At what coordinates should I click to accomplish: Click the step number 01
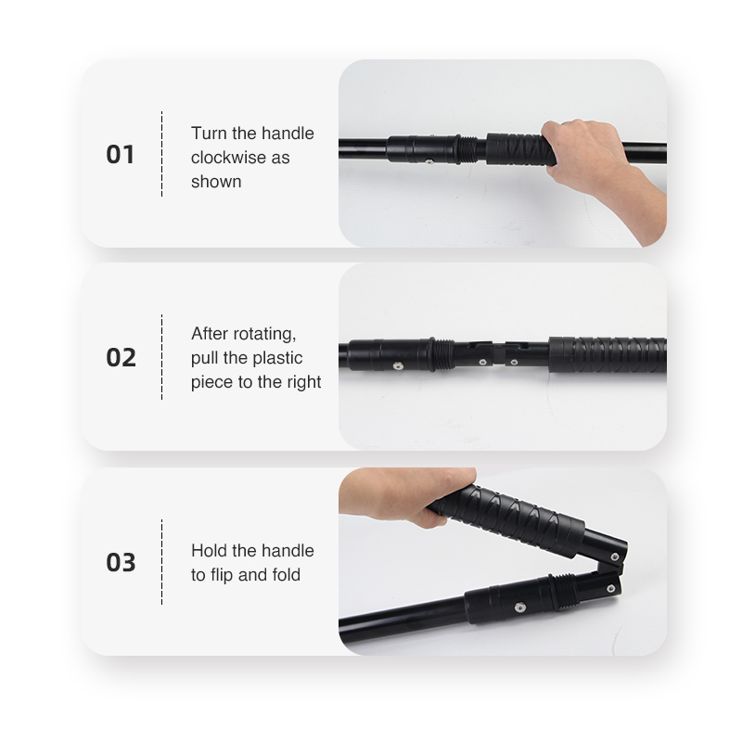click(x=121, y=154)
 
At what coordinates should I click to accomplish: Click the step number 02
click(x=121, y=357)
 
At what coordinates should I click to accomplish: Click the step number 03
click(x=121, y=562)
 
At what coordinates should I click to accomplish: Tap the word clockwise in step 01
click(x=228, y=158)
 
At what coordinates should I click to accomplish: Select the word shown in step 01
click(x=216, y=182)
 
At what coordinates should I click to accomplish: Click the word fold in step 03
click(x=286, y=575)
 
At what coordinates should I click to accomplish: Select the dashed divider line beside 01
click(x=161, y=154)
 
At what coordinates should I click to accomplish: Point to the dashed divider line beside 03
click(x=161, y=562)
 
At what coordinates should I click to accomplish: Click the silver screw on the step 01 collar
click(x=429, y=161)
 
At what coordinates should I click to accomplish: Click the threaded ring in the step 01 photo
click(x=467, y=149)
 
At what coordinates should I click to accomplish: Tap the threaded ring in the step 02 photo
click(x=442, y=354)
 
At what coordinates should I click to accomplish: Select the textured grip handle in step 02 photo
click(x=608, y=354)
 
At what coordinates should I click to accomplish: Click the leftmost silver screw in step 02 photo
click(x=399, y=365)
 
